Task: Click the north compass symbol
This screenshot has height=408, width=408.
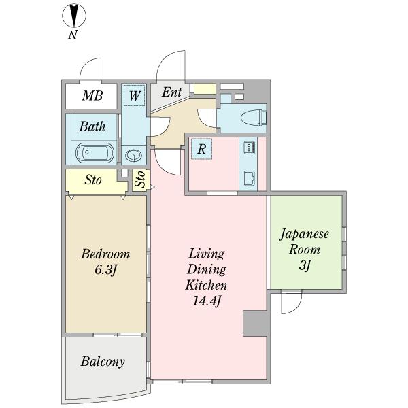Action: pyautogui.click(x=74, y=16)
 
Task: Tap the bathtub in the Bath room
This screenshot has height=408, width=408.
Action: pyautogui.click(x=95, y=153)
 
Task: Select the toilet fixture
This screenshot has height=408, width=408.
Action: pyautogui.click(x=254, y=118)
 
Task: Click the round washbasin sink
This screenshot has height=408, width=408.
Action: pyautogui.click(x=133, y=155)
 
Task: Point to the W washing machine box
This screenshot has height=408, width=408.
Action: pyautogui.click(x=134, y=95)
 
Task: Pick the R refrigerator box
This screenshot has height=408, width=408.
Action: pyautogui.click(x=202, y=149)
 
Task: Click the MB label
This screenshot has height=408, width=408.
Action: pyautogui.click(x=92, y=96)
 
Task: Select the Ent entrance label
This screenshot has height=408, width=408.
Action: pyautogui.click(x=172, y=92)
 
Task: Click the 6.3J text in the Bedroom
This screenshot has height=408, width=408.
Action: pyautogui.click(x=105, y=270)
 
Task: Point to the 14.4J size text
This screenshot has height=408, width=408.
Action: pyautogui.click(x=207, y=301)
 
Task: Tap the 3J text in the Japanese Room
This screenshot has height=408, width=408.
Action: pyautogui.click(x=305, y=265)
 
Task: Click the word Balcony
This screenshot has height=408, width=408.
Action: pyautogui.click(x=103, y=362)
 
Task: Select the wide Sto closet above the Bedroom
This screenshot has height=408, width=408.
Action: pyautogui.click(x=97, y=182)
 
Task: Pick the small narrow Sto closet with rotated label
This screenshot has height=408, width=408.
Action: pyautogui.click(x=140, y=180)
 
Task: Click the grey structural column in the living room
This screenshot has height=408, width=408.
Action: pyautogui.click(x=255, y=324)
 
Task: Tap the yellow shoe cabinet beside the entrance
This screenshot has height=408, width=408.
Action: pyautogui.click(x=205, y=89)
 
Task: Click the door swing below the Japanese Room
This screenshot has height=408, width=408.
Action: pyautogui.click(x=292, y=302)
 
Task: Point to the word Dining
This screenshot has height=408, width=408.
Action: pyautogui.click(x=207, y=270)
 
